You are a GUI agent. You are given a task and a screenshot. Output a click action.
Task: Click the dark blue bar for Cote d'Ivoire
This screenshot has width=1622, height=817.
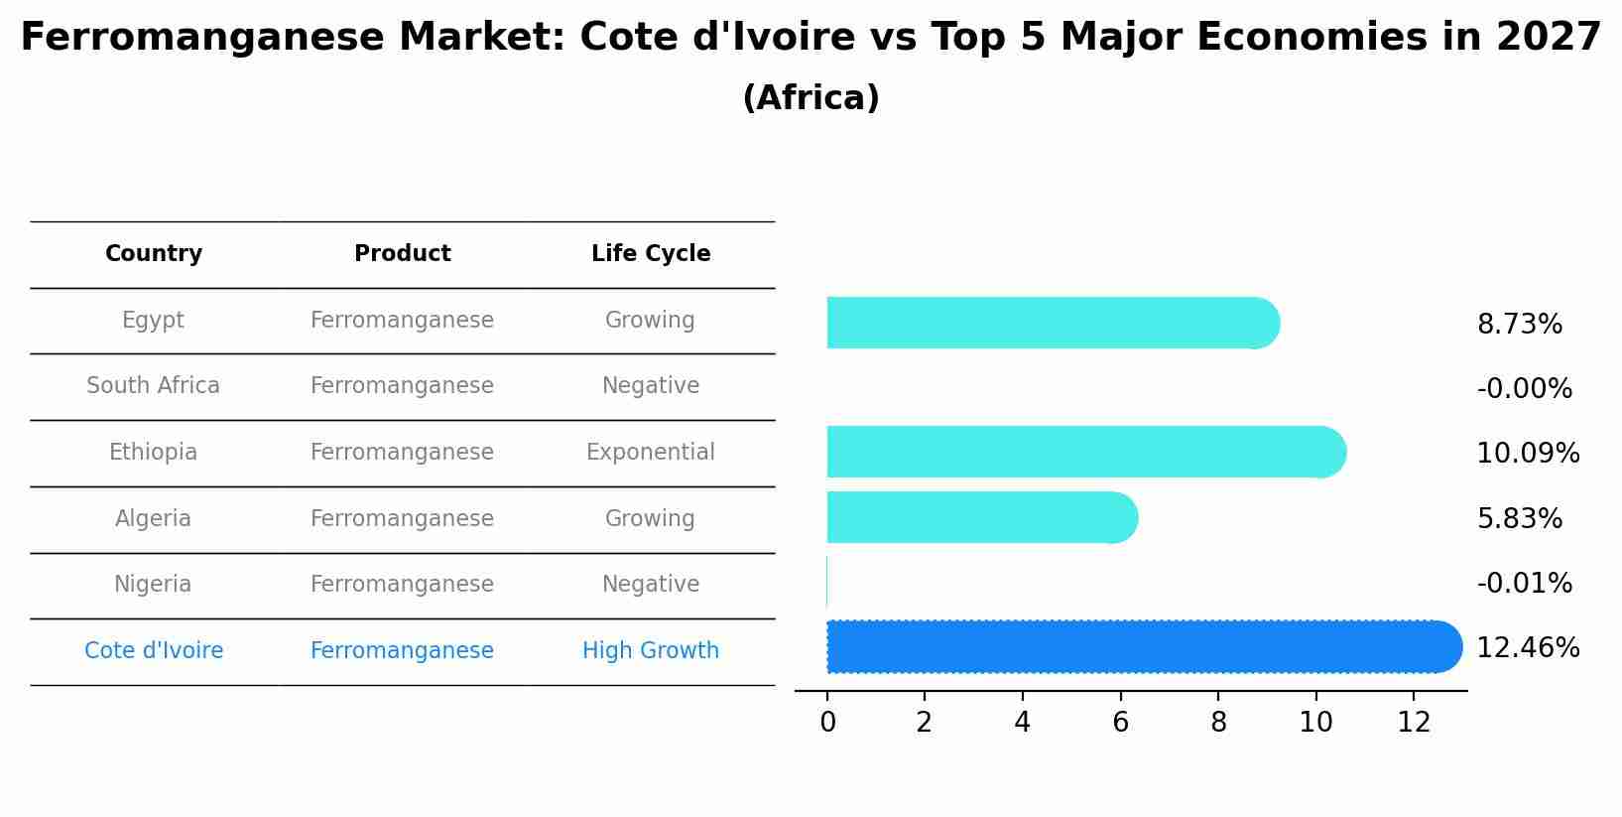(x=1141, y=647)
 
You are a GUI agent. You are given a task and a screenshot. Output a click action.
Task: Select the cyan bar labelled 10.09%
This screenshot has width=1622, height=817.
(x=1081, y=453)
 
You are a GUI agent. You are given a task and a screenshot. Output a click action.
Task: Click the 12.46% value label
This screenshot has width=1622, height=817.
(x=1527, y=648)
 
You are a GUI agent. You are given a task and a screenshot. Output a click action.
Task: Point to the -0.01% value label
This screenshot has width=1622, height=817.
(x=1524, y=584)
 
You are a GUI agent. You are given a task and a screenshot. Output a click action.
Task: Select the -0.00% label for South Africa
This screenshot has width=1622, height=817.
(x=1524, y=389)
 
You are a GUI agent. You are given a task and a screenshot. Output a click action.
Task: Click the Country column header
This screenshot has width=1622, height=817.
(x=154, y=254)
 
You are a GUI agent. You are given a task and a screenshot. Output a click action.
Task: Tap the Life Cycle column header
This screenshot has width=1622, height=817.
(x=651, y=254)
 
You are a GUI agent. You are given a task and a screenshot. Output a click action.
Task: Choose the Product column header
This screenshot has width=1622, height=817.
(x=402, y=254)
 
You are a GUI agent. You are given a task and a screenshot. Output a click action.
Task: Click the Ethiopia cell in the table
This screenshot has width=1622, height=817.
(x=153, y=453)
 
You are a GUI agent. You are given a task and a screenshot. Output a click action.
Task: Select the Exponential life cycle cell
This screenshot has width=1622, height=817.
(x=650, y=453)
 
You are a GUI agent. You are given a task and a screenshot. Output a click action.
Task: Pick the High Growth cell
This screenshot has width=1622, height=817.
(x=650, y=651)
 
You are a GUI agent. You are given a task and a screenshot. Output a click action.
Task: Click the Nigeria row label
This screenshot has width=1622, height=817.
(x=153, y=585)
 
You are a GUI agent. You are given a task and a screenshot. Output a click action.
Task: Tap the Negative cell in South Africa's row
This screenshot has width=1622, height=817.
(x=650, y=386)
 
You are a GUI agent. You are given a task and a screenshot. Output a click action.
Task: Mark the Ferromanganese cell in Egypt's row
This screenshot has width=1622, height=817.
(x=402, y=321)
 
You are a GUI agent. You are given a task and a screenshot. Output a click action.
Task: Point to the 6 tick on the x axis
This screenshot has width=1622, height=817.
(x=1120, y=723)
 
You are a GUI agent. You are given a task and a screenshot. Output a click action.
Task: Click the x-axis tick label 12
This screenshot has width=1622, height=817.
(x=1414, y=723)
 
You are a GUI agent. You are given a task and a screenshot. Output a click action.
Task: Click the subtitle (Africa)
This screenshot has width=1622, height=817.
(x=811, y=98)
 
